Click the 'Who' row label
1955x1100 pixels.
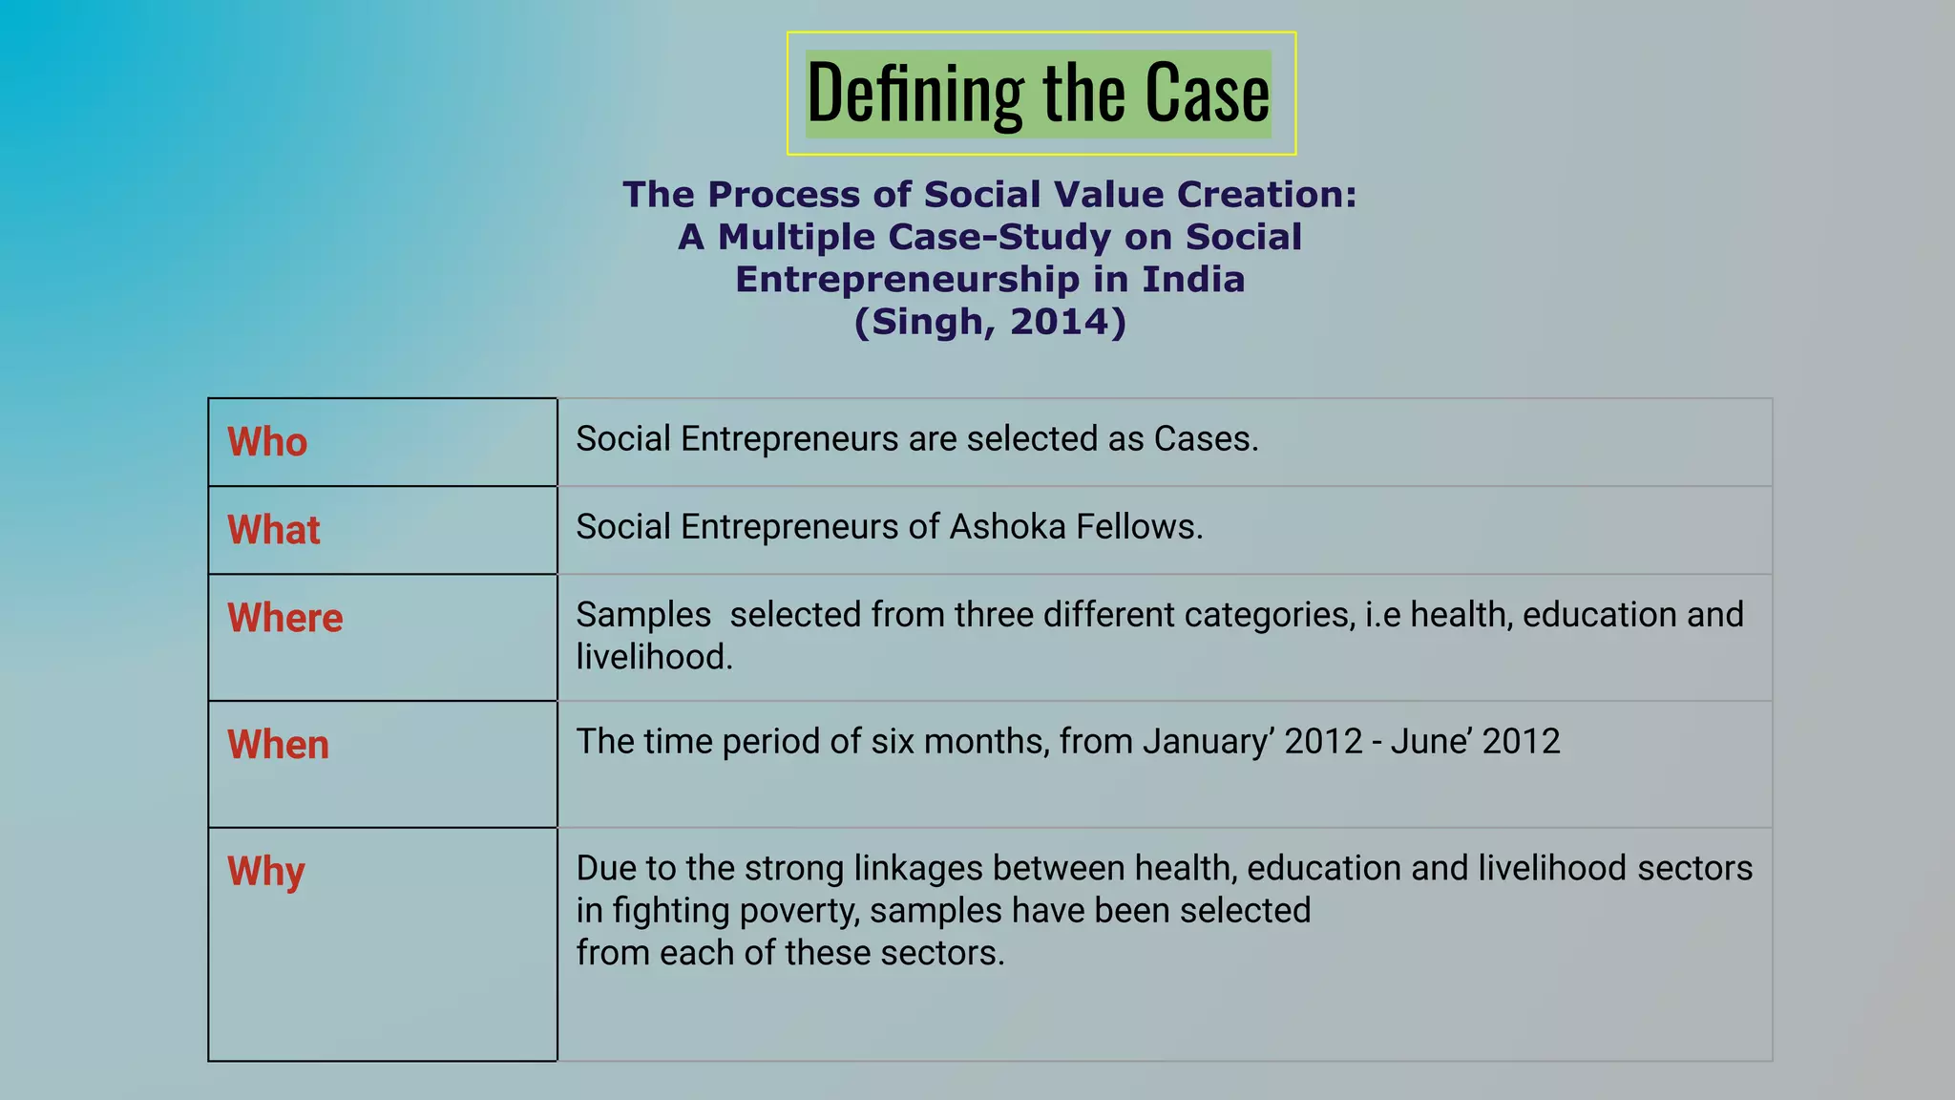point(267,442)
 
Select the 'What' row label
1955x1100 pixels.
point(274,530)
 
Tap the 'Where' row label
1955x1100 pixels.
point(284,618)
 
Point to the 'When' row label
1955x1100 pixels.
point(278,745)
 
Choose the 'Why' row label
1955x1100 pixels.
point(265,872)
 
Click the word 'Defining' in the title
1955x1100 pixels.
point(914,94)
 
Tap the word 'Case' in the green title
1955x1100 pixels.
point(1207,94)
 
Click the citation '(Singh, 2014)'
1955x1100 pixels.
point(990,322)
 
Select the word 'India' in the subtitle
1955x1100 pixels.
point(1193,280)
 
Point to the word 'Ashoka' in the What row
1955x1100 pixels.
point(1007,527)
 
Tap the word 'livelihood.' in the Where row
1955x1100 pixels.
point(654,657)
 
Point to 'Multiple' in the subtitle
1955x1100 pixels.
point(796,237)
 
